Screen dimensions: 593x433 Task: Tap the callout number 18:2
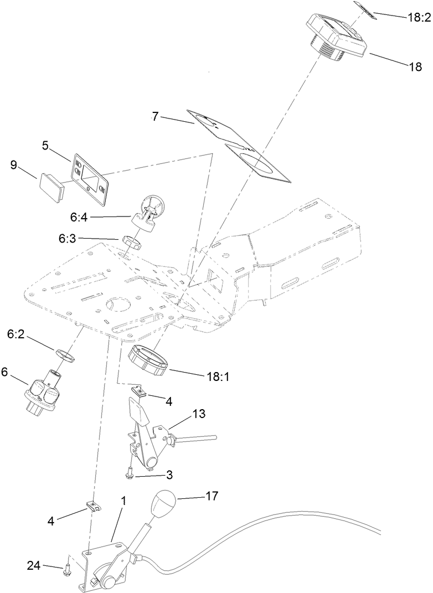click(419, 18)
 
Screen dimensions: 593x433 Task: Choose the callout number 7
click(156, 117)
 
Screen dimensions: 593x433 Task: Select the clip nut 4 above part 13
click(141, 391)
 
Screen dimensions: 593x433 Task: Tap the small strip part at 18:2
click(367, 11)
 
